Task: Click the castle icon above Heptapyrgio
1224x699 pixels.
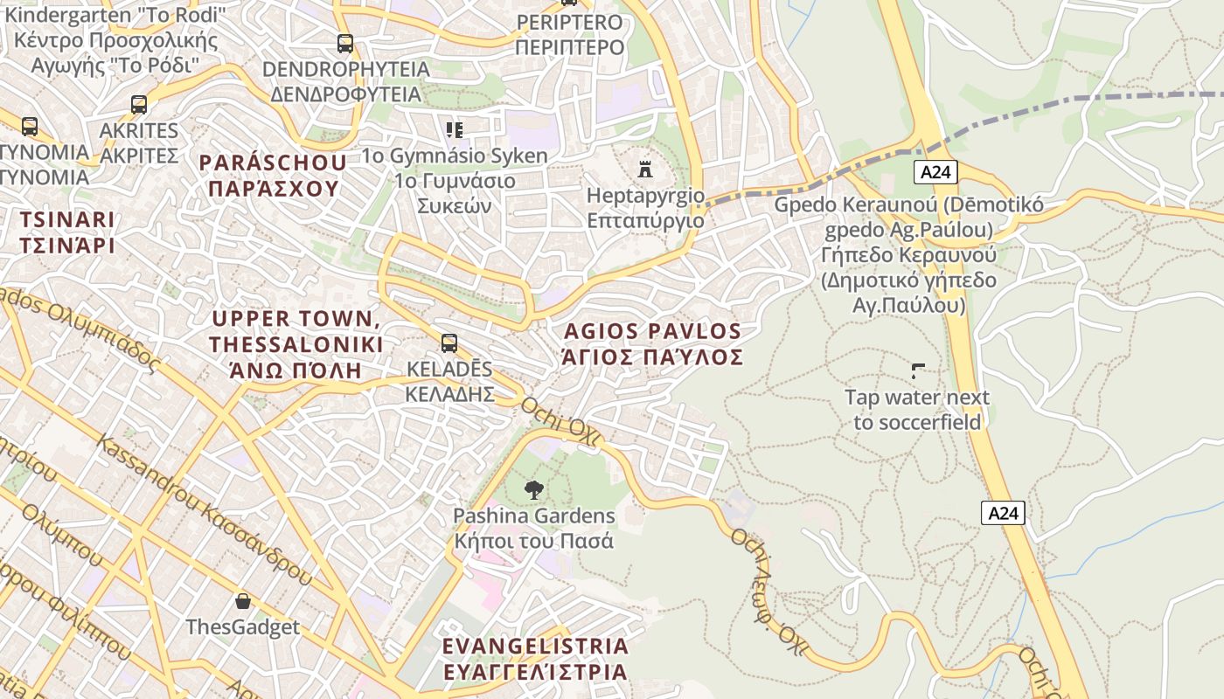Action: (x=645, y=168)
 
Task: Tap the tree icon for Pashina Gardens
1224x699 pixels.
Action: (x=533, y=490)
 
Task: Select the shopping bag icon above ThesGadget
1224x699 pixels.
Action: (x=243, y=601)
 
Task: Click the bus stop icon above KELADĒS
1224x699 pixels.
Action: (x=449, y=343)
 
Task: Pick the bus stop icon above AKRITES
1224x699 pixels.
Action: (x=139, y=105)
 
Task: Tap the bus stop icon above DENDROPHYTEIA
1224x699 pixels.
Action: (x=345, y=43)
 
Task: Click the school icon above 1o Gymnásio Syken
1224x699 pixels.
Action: (x=455, y=130)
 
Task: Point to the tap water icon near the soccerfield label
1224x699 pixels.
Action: (x=917, y=371)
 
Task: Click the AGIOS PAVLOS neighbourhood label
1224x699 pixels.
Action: (x=653, y=332)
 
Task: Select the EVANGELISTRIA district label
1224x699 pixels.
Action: (x=535, y=647)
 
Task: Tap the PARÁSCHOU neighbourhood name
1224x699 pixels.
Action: (x=272, y=163)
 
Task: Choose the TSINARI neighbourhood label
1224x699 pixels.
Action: (x=67, y=219)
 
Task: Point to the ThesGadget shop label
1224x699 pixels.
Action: (x=242, y=627)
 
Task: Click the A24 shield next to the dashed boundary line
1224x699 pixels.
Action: (x=935, y=172)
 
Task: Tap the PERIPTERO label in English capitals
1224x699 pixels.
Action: (x=569, y=23)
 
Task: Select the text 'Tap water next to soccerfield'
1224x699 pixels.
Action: (x=917, y=410)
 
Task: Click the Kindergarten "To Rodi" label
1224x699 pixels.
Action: (x=115, y=15)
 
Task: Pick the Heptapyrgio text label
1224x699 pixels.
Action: (x=645, y=195)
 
